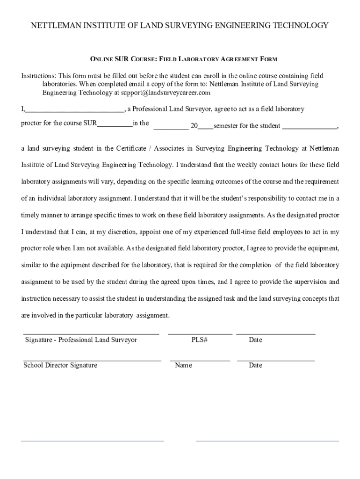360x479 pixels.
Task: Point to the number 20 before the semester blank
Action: click(x=194, y=126)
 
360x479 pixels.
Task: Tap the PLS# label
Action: click(x=199, y=340)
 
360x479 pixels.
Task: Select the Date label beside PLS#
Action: click(x=255, y=340)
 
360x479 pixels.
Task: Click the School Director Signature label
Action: click(x=60, y=365)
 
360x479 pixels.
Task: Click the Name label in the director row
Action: click(x=183, y=365)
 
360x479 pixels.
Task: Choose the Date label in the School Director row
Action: click(x=255, y=365)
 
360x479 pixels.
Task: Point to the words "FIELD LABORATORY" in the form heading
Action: click(x=190, y=59)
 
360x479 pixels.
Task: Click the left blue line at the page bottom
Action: click(x=93, y=441)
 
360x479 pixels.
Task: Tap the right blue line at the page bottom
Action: click(x=267, y=441)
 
